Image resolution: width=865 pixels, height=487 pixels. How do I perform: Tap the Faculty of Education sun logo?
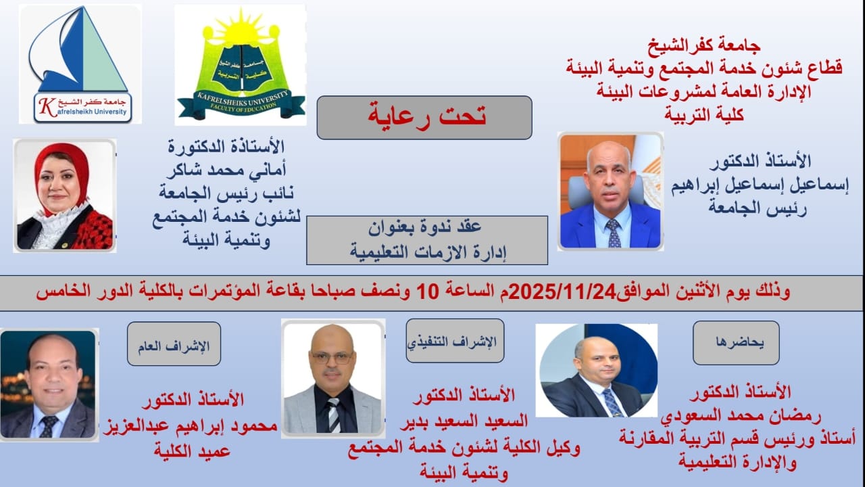pos(241,65)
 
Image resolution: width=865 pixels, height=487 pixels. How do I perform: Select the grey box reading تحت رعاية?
pos(424,117)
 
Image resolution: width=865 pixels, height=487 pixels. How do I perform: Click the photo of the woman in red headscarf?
pos(65,195)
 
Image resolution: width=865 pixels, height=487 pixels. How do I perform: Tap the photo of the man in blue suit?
pos(610,191)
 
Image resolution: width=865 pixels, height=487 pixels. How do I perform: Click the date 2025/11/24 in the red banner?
pos(564,292)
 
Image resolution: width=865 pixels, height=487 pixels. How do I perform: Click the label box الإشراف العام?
pos(174,344)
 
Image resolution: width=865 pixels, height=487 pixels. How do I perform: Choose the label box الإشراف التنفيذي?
pos(455,341)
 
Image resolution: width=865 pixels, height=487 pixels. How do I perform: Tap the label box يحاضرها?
pos(736,342)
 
